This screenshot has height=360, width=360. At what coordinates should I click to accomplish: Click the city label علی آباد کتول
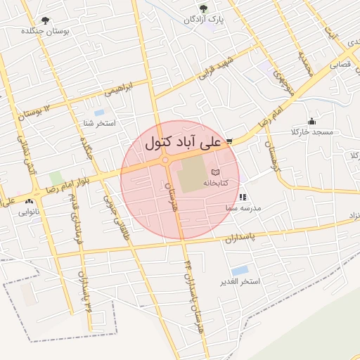pyautogui.click(x=183, y=141)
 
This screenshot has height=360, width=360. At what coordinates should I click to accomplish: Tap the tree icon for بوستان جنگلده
pyautogui.click(x=46, y=21)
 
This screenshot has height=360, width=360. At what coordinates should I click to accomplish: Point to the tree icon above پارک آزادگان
pyautogui.click(x=204, y=9)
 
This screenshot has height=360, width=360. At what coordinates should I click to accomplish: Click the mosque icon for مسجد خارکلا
pyautogui.click(x=312, y=121)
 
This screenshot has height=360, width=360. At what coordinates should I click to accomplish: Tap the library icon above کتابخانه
pyautogui.click(x=215, y=172)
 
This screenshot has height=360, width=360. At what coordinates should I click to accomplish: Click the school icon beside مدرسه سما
pyautogui.click(x=243, y=198)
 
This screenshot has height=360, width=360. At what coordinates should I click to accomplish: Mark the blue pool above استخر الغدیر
pyautogui.click(x=240, y=270)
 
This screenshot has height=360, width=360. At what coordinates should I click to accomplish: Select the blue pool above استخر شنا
pyautogui.click(x=99, y=112)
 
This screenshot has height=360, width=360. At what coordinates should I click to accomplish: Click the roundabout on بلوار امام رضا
pyautogui.click(x=166, y=161)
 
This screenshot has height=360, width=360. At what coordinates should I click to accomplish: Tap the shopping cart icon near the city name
pyautogui.click(x=229, y=141)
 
